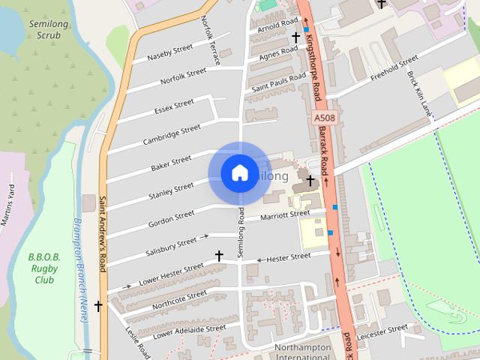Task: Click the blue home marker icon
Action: [x=239, y=173]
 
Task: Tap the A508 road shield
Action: [x=324, y=118]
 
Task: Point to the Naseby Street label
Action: [x=170, y=53]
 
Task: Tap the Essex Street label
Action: [x=174, y=108]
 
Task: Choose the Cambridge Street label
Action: [x=172, y=134]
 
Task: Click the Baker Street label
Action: [x=171, y=161]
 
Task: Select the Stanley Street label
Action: [x=171, y=190]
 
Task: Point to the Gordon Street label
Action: [x=171, y=218]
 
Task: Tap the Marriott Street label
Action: [x=284, y=215]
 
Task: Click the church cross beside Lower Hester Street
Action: [x=219, y=256]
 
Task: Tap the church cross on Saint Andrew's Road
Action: [x=98, y=306]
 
